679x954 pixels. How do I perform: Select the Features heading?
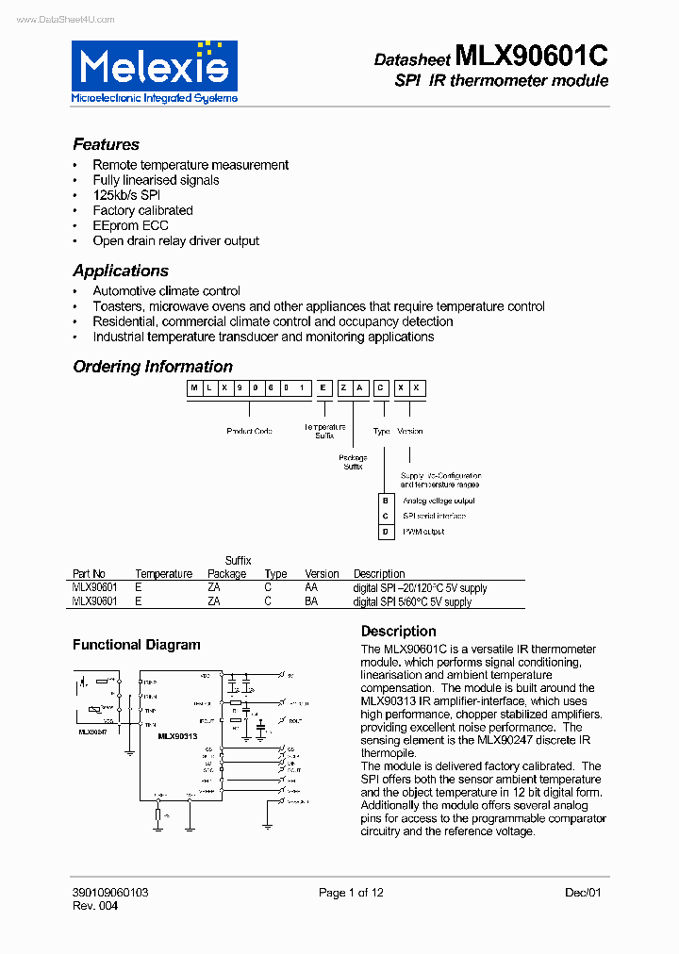[106, 144]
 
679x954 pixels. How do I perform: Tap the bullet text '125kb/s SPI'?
[126, 195]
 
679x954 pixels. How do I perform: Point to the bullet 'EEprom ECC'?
[130, 225]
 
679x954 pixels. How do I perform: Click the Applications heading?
[121, 271]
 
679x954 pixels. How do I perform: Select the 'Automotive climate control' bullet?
[166, 291]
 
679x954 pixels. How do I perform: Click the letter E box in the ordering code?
[323, 388]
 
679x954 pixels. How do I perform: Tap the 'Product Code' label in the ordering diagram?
[249, 431]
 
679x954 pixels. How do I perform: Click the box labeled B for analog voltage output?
[385, 502]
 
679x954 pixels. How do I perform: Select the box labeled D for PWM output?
[385, 532]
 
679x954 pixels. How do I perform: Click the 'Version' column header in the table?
[322, 574]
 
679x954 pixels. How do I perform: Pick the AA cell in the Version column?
[311, 588]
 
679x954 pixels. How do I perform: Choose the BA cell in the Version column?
[311, 601]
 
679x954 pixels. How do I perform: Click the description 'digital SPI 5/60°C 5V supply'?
[412, 601]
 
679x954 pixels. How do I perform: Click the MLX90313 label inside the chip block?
[177, 736]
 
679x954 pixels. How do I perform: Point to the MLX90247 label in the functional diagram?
[93, 732]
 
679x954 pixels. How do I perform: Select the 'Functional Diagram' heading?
[137, 646]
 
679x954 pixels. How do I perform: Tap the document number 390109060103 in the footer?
[110, 893]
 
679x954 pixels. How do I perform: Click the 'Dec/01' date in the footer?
[583, 893]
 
